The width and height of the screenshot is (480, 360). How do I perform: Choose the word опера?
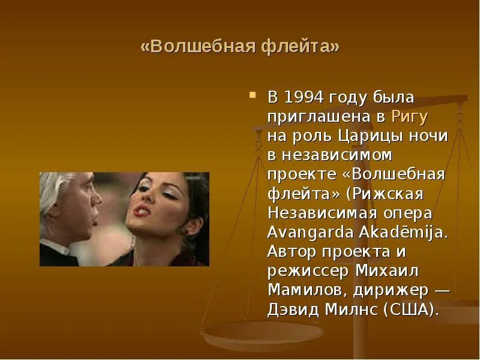point(407,213)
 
